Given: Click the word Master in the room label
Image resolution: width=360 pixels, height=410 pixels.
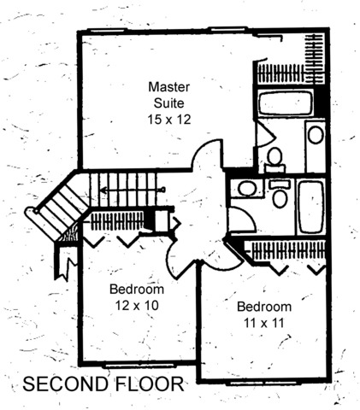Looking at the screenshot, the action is coord(168,87).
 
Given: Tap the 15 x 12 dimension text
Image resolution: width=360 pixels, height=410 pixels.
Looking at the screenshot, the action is coord(168,120).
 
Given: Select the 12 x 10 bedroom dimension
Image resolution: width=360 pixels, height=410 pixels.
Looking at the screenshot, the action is coord(137,306).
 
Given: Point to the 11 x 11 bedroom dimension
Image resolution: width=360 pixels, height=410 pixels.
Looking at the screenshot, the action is coord(264,323).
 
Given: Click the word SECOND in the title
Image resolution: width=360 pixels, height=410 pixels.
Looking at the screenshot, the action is coord(66,384).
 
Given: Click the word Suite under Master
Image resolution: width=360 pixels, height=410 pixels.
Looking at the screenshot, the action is coord(168,103).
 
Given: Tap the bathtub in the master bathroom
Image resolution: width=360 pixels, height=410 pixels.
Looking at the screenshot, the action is coord(285,102).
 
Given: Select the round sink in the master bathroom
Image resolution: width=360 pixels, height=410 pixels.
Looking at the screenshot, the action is coord(316,135).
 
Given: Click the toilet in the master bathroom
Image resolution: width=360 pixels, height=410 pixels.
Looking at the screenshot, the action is coord(274,160).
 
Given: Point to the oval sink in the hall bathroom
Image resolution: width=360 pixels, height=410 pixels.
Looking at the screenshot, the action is coord(247,188).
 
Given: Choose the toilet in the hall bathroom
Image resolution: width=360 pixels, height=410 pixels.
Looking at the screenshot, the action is coord(280,194).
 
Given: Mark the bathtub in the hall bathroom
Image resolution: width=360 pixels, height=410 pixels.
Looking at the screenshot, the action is coord(310,208).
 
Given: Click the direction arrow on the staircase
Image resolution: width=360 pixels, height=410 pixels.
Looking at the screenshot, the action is coord(133,189).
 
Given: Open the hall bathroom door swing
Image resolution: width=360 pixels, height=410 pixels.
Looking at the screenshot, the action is coord(242,220).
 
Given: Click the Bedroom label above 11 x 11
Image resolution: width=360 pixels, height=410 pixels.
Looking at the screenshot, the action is coord(264,307).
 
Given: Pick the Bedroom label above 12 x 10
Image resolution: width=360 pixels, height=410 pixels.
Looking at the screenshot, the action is coord(137,290).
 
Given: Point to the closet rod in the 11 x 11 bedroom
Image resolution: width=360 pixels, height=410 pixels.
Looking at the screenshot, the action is coord(288,250).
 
